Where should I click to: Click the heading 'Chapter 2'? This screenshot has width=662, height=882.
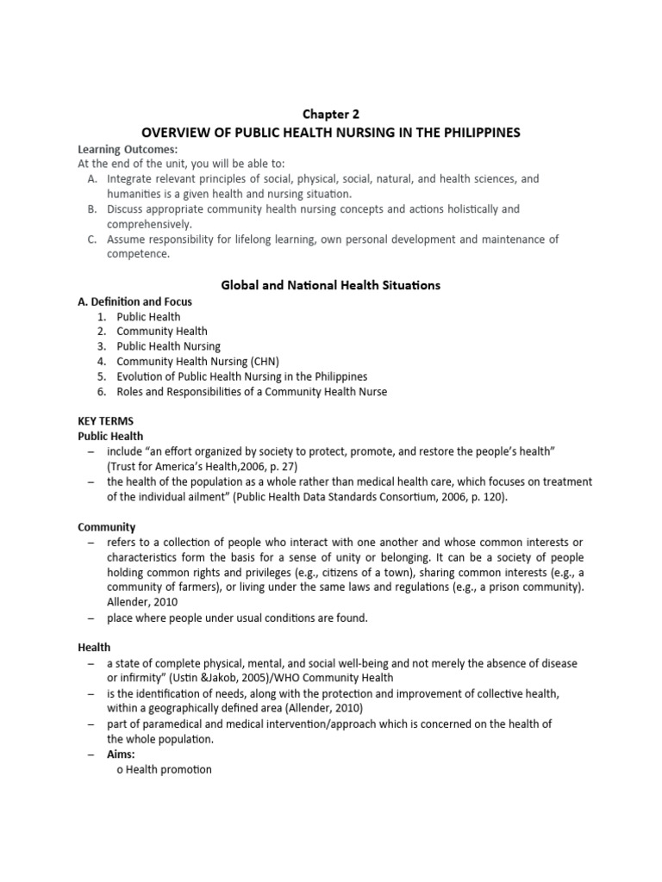click(330, 113)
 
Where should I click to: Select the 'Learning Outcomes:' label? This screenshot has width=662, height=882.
click(116, 149)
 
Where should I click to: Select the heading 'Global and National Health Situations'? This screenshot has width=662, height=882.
click(330, 285)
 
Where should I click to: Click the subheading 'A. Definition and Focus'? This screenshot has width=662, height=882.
click(135, 301)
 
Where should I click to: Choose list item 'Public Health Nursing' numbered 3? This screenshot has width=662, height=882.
click(169, 346)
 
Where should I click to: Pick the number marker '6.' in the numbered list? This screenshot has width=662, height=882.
click(101, 392)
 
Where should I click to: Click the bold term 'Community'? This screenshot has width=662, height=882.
click(107, 526)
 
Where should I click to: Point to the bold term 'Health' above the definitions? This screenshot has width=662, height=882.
click(94, 647)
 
